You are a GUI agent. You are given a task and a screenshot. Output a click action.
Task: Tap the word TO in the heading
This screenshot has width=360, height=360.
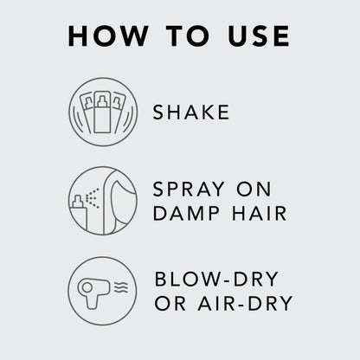click(187, 36)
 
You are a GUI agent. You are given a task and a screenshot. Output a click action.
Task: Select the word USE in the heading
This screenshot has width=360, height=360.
click(259, 36)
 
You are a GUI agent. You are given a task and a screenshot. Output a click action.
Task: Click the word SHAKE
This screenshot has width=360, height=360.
click(191, 112)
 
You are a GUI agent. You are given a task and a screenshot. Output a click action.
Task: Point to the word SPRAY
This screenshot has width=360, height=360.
click(189, 190)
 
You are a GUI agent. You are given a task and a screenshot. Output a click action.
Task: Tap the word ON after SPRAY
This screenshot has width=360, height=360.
click(254, 190)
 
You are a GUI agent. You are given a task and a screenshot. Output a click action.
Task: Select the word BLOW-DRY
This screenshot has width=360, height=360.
click(216, 279)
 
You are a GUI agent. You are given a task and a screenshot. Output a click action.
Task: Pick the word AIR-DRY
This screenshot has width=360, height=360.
click(245, 303)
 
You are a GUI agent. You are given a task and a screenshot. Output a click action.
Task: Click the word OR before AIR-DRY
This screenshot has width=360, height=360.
click(170, 303)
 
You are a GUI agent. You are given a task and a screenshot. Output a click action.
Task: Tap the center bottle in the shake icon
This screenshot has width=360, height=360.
click(102, 112)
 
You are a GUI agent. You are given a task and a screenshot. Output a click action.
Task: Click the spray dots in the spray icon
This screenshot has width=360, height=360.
click(93, 198)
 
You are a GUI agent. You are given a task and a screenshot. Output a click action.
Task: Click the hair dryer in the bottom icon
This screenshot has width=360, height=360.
click(93, 292)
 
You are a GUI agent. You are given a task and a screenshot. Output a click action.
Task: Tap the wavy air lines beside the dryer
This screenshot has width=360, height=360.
click(121, 287)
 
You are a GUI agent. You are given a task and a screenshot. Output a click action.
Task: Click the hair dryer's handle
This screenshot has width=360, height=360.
click(93, 302)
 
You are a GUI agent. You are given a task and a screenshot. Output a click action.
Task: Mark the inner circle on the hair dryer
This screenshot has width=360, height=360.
click(87, 287)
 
